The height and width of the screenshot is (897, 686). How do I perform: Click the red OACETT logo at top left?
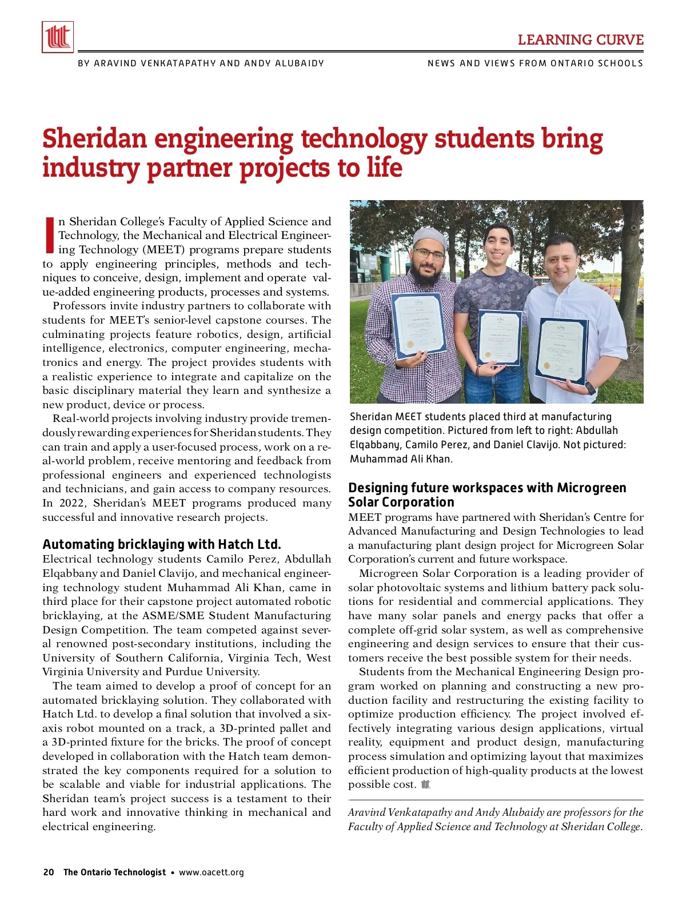point(58,37)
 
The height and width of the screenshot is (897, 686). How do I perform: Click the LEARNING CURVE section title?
point(580,40)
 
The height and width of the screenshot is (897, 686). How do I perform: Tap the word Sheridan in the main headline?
point(94,139)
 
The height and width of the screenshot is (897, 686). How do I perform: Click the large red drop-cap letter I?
point(49,235)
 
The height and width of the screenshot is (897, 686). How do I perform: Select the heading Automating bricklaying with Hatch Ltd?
point(162,544)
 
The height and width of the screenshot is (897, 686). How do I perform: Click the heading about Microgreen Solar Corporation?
point(487,495)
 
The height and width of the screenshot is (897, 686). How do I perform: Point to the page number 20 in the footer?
point(49,872)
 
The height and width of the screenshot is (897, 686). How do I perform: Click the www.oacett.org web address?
point(212,872)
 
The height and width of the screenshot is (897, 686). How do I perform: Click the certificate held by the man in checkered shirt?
point(418,324)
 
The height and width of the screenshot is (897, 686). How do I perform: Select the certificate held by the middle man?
point(500,337)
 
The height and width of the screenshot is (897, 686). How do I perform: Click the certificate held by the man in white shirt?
point(561,350)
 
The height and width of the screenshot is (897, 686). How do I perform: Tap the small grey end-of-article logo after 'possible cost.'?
point(425,784)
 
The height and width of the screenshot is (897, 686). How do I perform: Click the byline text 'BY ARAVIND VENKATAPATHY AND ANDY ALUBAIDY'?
point(201,63)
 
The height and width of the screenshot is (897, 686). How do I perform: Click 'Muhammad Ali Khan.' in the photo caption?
point(401,459)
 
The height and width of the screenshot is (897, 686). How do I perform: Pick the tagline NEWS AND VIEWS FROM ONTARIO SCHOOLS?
point(535,63)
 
